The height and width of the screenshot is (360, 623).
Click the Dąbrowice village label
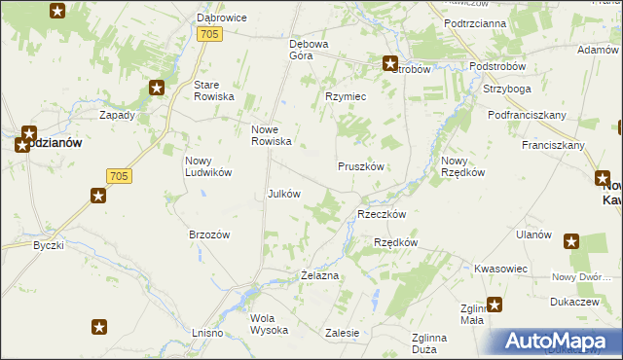coord(221,18)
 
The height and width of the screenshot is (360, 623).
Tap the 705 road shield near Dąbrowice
coord(210,34)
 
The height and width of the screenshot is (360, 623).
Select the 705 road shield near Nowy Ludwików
coord(118,176)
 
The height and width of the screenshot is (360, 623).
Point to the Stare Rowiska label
coord(214,90)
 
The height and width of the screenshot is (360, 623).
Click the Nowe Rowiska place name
coord(272,135)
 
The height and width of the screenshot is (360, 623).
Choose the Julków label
coord(283,193)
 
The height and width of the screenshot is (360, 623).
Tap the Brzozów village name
coord(208,234)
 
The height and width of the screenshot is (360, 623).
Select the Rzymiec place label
coord(345,96)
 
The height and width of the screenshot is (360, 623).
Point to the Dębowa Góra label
coord(310,50)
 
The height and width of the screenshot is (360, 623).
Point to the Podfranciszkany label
coord(528,115)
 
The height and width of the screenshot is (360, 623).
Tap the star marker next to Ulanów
coord(571,241)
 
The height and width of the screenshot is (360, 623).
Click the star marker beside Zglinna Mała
coord(495,305)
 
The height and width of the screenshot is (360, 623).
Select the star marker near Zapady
coord(157,89)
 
